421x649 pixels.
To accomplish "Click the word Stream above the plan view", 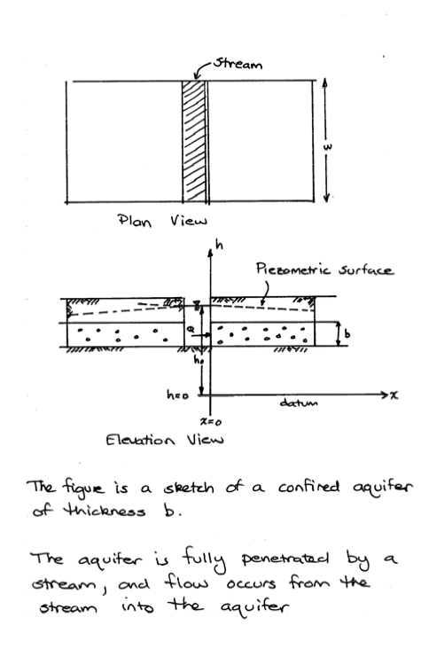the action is (x=238, y=64).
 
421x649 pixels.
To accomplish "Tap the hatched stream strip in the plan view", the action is (x=194, y=142).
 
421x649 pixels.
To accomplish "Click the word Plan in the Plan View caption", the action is (x=134, y=220).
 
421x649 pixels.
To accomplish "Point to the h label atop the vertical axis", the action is (x=220, y=246).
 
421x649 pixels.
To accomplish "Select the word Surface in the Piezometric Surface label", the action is (x=366, y=270).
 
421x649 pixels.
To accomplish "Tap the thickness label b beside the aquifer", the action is (x=347, y=333).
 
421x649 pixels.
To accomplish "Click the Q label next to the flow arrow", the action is (x=191, y=329).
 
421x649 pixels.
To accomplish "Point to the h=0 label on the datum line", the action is (x=177, y=395).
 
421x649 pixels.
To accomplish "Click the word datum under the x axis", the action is (x=299, y=403).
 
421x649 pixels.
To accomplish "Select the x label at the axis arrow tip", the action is (x=394, y=395).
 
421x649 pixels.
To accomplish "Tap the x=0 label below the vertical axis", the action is (x=211, y=422).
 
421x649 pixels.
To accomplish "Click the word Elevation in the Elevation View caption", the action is (x=140, y=439).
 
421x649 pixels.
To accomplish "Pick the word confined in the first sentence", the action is (x=308, y=487).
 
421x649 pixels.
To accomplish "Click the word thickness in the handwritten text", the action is (x=105, y=511).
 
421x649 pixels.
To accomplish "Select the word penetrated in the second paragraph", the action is (x=285, y=559).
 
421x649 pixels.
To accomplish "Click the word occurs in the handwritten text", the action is (x=251, y=583).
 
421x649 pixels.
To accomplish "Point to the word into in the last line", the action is (x=138, y=607).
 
